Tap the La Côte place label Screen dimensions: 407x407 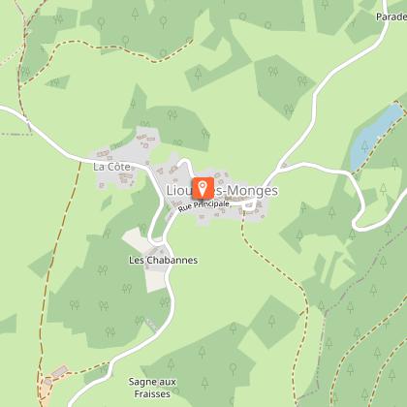[111, 167]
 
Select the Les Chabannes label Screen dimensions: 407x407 [157, 261]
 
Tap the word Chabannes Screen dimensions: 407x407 [166, 261]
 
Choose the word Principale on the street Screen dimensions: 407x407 [210, 205]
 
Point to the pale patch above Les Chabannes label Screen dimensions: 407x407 [136, 239]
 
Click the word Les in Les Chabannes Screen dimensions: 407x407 [137, 261]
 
